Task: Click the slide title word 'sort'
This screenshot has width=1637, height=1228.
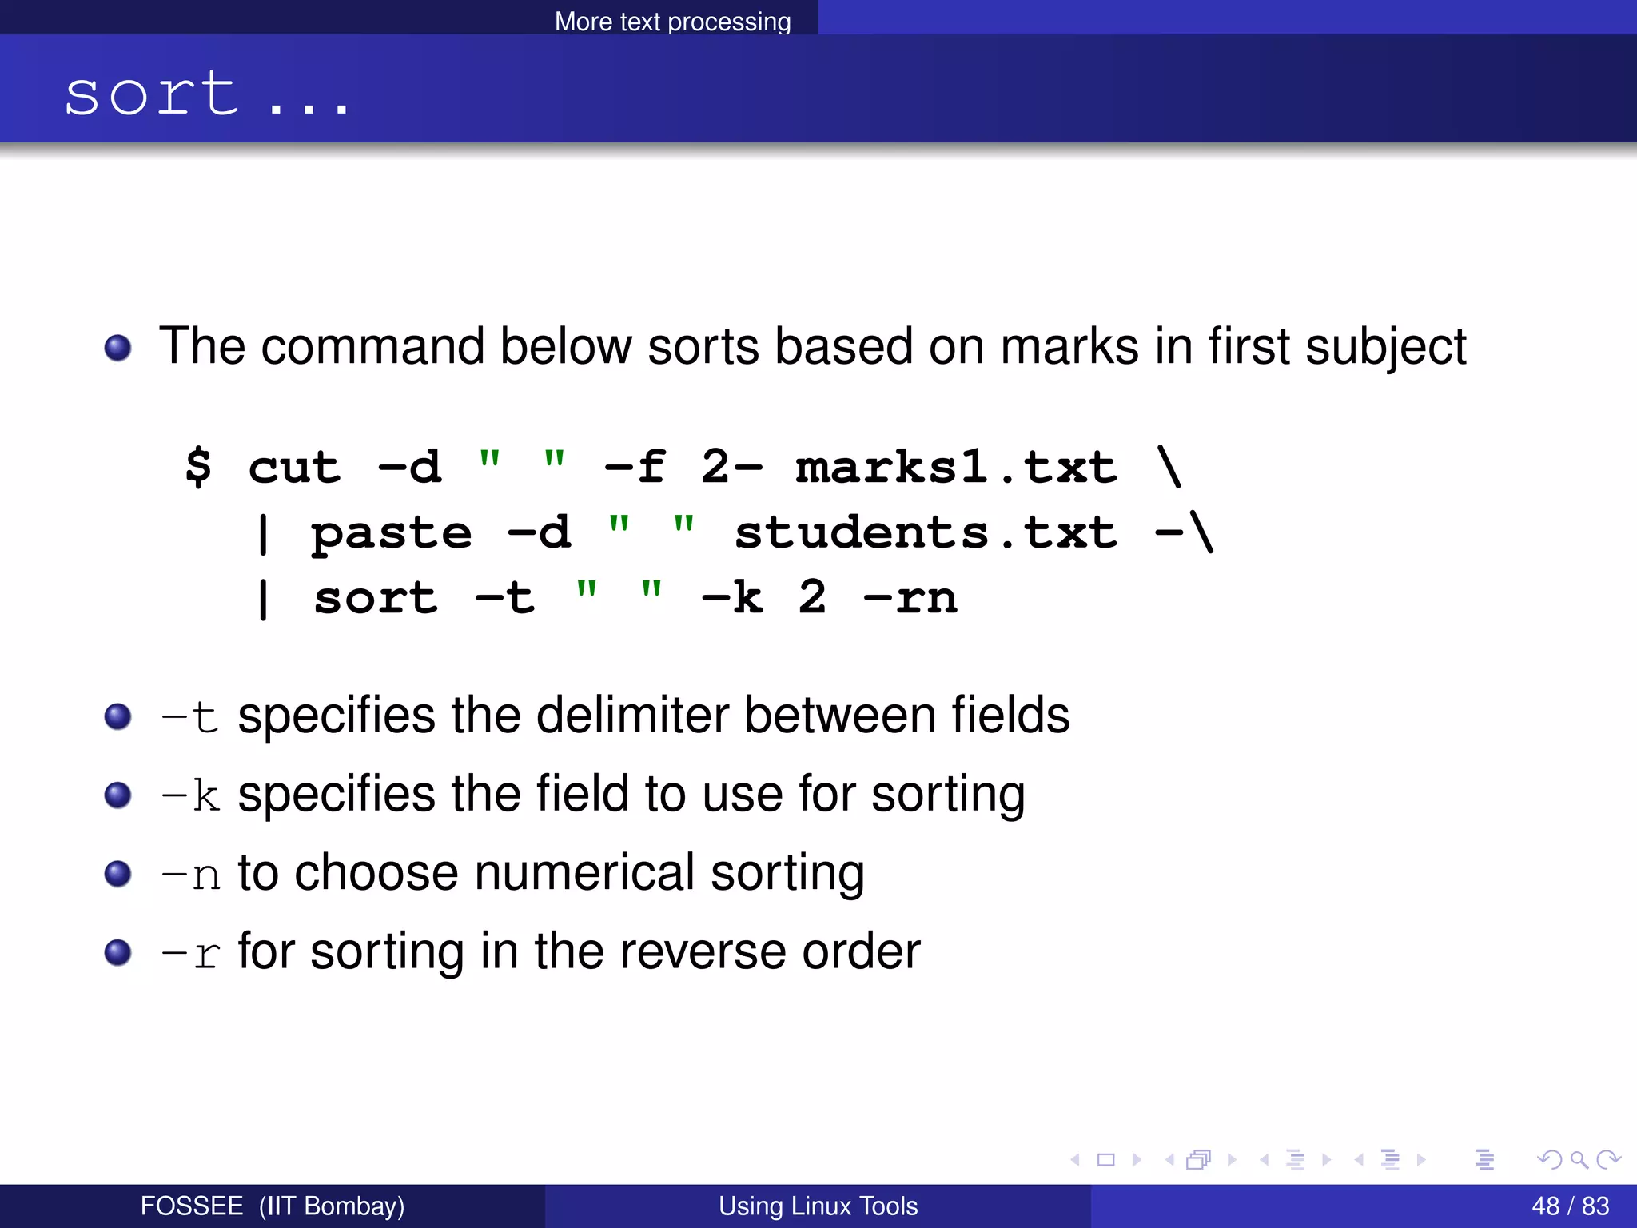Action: pyautogui.click(x=152, y=94)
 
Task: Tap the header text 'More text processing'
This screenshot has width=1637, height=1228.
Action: pyautogui.click(x=672, y=22)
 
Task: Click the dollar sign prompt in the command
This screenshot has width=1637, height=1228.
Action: pyautogui.click(x=198, y=467)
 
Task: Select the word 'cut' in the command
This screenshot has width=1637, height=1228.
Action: pyautogui.click(x=294, y=467)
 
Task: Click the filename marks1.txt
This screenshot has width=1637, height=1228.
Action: pyautogui.click(x=956, y=467)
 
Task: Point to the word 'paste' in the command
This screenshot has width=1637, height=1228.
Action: pyautogui.click(x=391, y=533)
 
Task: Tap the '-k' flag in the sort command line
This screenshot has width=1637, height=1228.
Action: pyautogui.click(x=731, y=598)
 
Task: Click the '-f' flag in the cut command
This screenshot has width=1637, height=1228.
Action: pyautogui.click(x=635, y=467)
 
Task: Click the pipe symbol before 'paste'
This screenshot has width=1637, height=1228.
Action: pyautogui.click(x=263, y=533)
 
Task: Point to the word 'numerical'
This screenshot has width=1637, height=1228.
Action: pyautogui.click(x=584, y=872)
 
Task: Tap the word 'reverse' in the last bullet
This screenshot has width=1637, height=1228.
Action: pyautogui.click(x=703, y=951)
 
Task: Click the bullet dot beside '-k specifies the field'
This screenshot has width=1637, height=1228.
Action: pyautogui.click(x=118, y=795)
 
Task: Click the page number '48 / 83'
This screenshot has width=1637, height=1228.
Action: pyautogui.click(x=1570, y=1206)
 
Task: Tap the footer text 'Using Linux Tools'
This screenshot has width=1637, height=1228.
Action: pyautogui.click(x=818, y=1206)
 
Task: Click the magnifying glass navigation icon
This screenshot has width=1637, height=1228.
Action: pyautogui.click(x=1579, y=1159)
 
